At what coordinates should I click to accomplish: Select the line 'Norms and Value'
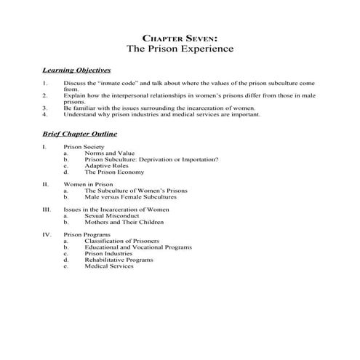click(110, 153)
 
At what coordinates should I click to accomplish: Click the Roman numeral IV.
click(47, 235)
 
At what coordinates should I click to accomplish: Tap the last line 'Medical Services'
click(109, 266)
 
